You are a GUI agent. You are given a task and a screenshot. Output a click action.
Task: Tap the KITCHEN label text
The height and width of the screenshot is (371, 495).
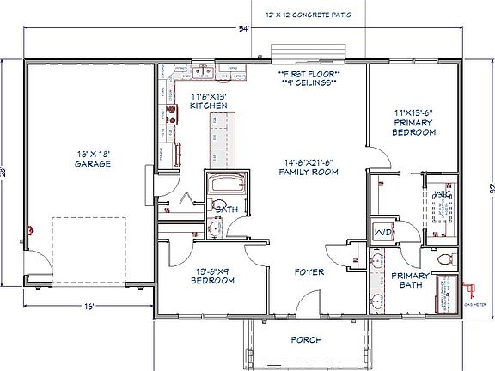pos(208,106)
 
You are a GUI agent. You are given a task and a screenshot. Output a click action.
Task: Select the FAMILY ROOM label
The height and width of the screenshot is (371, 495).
pos(309,172)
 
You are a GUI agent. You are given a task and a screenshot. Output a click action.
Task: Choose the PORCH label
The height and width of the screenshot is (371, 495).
pos(305,340)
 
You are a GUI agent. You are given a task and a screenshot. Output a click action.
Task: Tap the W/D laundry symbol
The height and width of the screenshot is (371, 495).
pos(382,231)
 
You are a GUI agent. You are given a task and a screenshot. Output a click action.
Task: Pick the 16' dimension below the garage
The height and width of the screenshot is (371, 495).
pos(89,306)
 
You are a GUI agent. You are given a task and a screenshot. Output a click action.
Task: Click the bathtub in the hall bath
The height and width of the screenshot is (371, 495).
pos(227,185)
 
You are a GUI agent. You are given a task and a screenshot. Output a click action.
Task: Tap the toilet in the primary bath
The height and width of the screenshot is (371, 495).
pos(444,257)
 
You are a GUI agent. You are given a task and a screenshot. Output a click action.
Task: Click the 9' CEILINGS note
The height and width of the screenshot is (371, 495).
pos(309,84)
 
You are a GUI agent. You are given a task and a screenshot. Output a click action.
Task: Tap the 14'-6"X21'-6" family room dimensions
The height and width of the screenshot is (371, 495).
pos(309,161)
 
